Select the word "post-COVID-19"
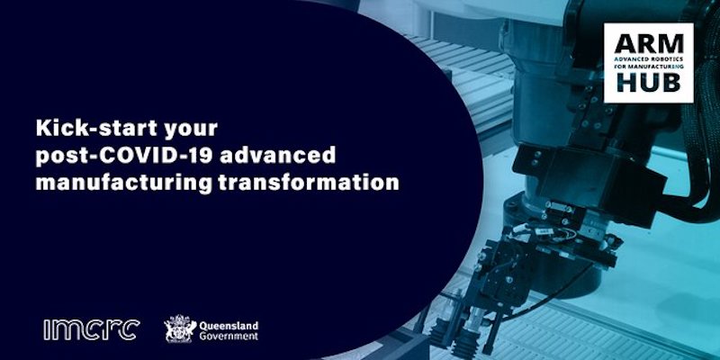(x=121, y=154)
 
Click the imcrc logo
(x=90, y=329)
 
